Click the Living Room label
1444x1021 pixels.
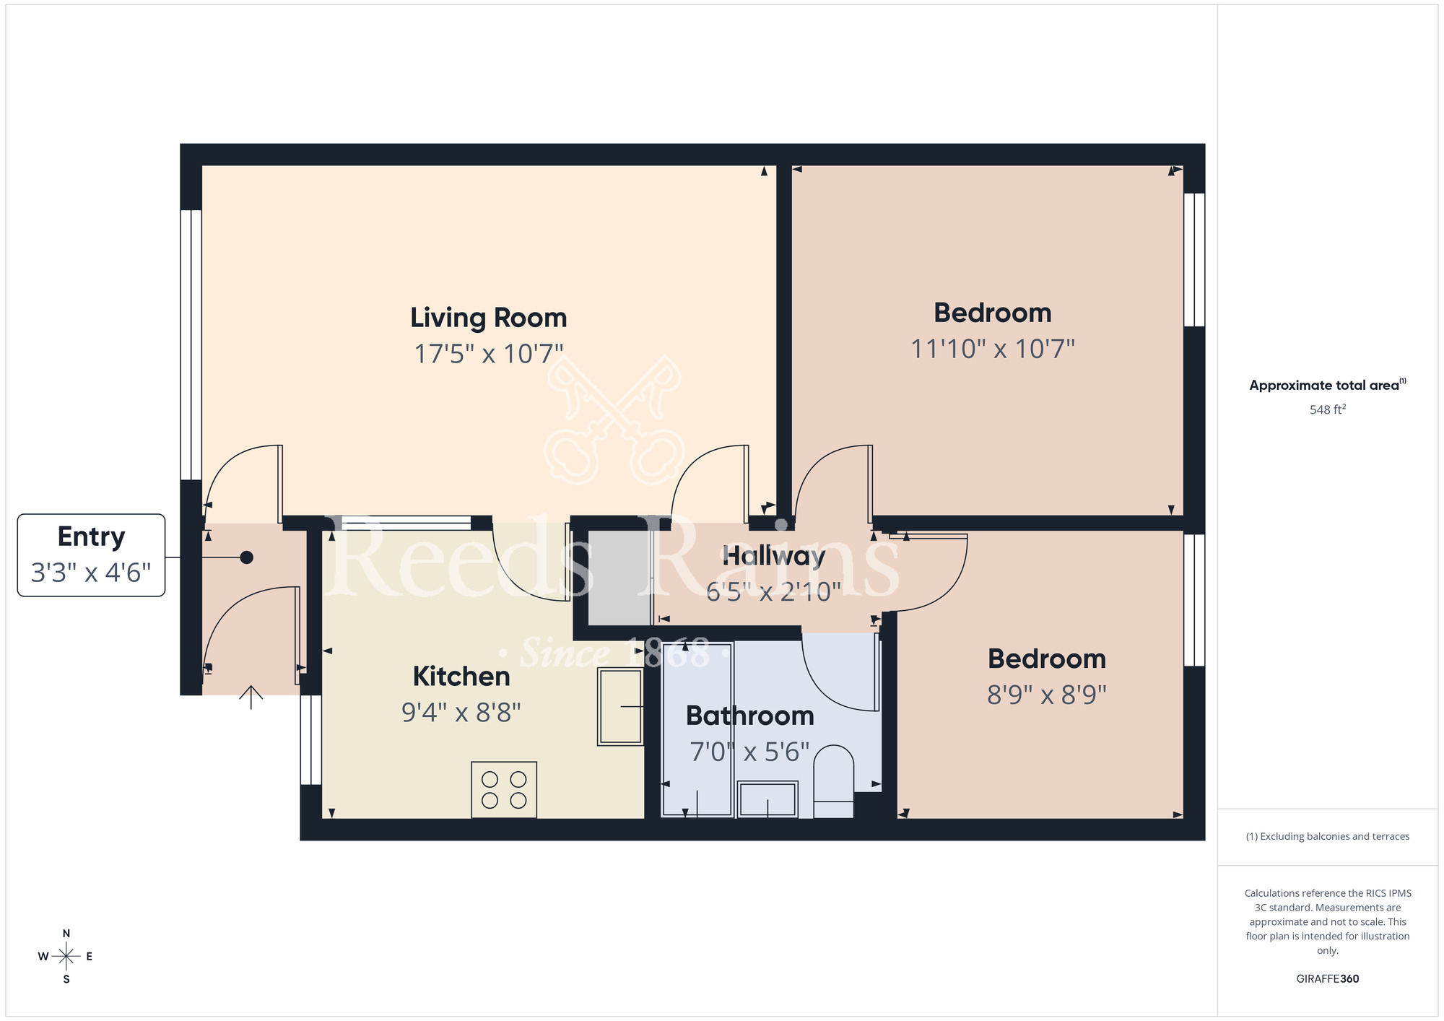(488, 318)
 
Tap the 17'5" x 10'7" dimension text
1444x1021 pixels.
(488, 354)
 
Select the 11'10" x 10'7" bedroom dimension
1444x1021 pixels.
(993, 349)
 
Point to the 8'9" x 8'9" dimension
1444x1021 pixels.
(1047, 695)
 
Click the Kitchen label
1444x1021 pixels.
(461, 677)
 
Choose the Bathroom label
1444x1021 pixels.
(749, 716)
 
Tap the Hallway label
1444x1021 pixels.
(773, 556)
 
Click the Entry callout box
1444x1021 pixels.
(91, 555)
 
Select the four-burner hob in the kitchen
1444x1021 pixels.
(504, 789)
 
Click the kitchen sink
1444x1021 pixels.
(620, 706)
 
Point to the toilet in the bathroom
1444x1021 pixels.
(833, 780)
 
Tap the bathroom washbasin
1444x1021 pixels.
(767, 799)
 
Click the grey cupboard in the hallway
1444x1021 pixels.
(619, 578)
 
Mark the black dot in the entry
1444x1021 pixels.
(246, 557)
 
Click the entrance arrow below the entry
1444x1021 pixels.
(251, 697)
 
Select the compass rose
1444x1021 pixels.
(66, 957)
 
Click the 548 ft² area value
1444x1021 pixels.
(1327, 409)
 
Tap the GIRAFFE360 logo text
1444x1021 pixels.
(1327, 978)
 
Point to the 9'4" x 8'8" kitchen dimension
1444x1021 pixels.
(461, 713)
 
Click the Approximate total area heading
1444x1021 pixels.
(1327, 385)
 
